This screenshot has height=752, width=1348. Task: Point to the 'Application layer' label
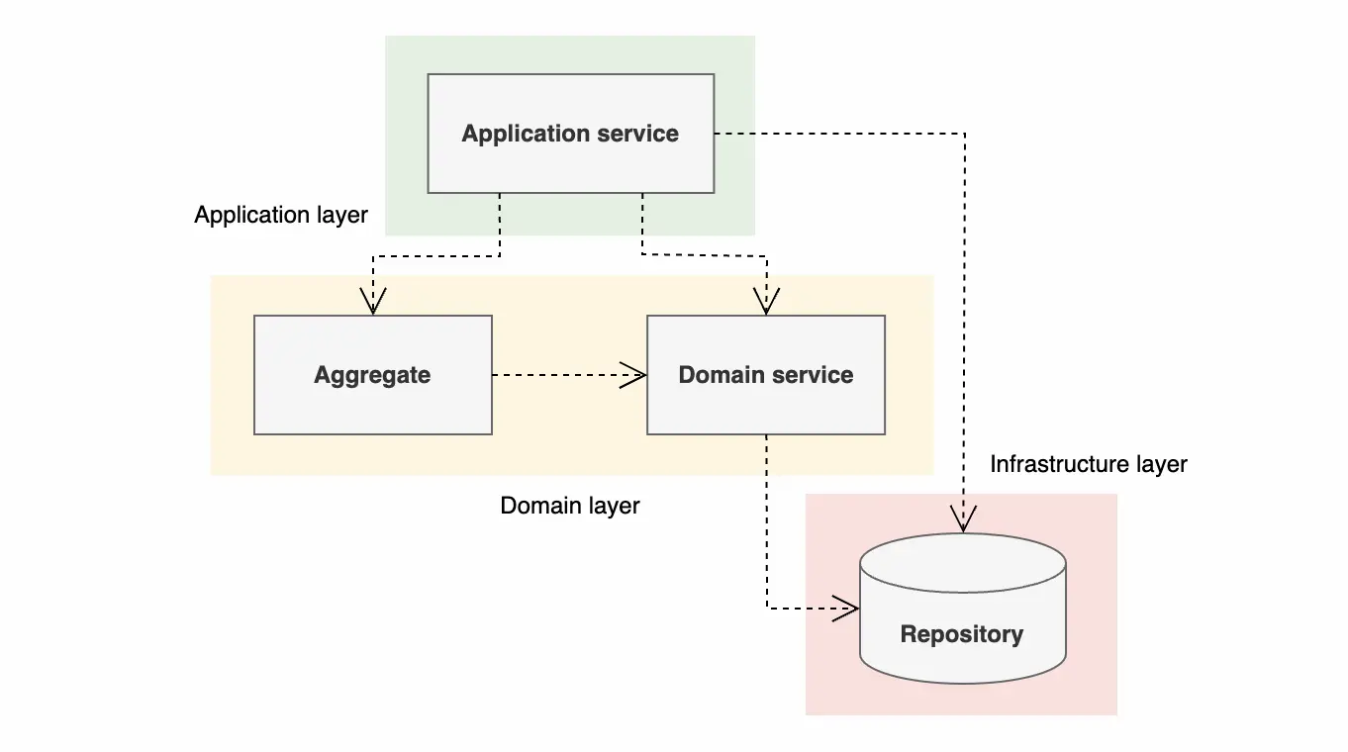[x=281, y=215]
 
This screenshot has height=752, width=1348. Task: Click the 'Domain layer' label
[x=570, y=506]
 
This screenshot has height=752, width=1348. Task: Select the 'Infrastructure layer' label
[x=1089, y=464]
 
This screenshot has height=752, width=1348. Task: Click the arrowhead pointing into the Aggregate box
[x=372, y=302]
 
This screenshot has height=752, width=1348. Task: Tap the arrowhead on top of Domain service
[x=766, y=302]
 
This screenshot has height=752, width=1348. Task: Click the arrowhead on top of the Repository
[x=963, y=519]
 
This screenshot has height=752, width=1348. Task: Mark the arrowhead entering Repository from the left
[x=845, y=609]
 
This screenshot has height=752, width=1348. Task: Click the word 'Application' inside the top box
[x=524, y=134]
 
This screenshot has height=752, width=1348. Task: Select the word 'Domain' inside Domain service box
[x=721, y=375]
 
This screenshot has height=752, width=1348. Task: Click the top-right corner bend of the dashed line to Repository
[x=965, y=134]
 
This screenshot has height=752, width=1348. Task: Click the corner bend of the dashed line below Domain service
[x=767, y=609]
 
